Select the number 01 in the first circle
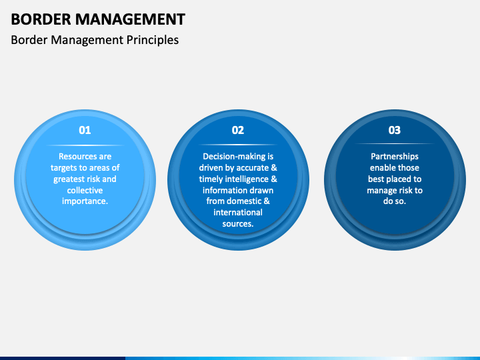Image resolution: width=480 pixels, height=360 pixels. pyautogui.click(x=85, y=130)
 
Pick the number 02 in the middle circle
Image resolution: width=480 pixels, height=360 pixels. pyautogui.click(x=238, y=130)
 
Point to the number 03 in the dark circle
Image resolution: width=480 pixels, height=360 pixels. pyautogui.click(x=395, y=130)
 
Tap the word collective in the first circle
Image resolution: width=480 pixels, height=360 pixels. pyautogui.click(x=85, y=190)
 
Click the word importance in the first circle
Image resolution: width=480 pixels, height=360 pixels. pyautogui.click(x=83, y=201)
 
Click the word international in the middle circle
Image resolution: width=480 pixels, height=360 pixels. pyautogui.click(x=238, y=213)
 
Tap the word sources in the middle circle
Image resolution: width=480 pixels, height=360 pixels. pyautogui.click(x=237, y=224)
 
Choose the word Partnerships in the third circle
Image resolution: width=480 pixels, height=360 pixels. pyautogui.click(x=395, y=157)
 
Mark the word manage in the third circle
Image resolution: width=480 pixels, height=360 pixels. pyautogui.click(x=381, y=191)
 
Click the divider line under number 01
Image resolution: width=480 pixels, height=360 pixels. pyautogui.click(x=85, y=145)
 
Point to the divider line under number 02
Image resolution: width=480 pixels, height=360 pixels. pyautogui.click(x=238, y=145)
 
